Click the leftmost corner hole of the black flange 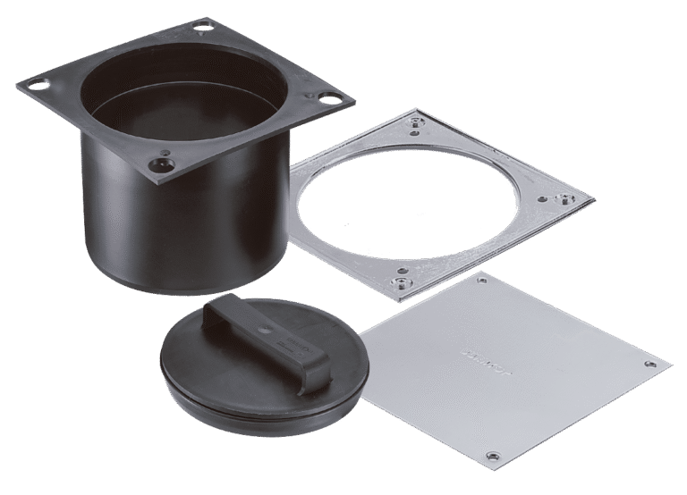(x=38, y=87)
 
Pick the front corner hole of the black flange (x=161, y=164)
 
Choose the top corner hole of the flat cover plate (x=483, y=280)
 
